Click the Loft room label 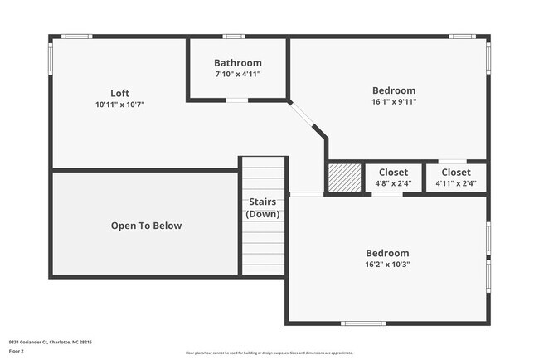tap(119, 93)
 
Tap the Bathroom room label tap(237, 63)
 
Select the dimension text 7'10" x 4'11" tap(237, 75)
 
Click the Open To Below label tap(146, 226)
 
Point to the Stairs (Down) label tap(263, 208)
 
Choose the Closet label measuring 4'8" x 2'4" tap(393, 173)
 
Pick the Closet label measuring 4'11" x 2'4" tap(455, 173)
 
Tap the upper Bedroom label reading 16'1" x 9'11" tap(393, 90)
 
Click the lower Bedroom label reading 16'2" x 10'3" tap(387, 253)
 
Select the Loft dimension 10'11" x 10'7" tap(119, 105)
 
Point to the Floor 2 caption tap(17, 351)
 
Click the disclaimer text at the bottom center tap(269, 353)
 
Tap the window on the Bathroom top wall tap(234, 36)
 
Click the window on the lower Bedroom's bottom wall tap(363, 324)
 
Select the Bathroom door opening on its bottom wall tap(237, 100)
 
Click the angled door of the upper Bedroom tap(308, 118)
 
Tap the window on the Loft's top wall tap(77, 36)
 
